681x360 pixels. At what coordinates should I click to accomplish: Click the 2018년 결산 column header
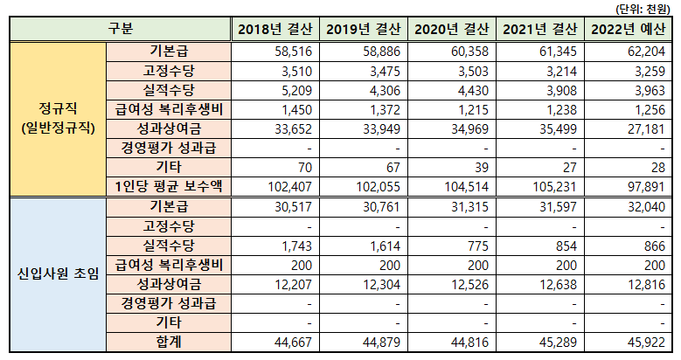(x=275, y=29)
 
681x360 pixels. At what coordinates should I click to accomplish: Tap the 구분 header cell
(x=121, y=29)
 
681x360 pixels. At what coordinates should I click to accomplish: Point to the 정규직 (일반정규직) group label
(x=56, y=119)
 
